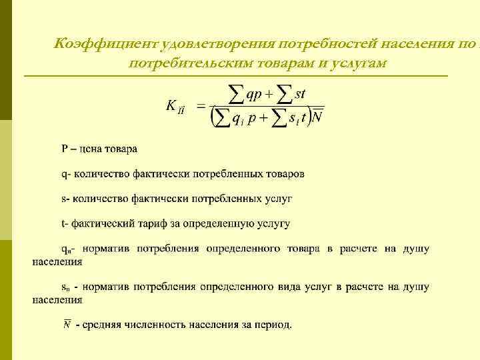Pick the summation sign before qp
235,95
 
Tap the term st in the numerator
299,94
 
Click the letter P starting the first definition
65,149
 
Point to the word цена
94,149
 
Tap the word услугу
271,223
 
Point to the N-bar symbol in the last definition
67,325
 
